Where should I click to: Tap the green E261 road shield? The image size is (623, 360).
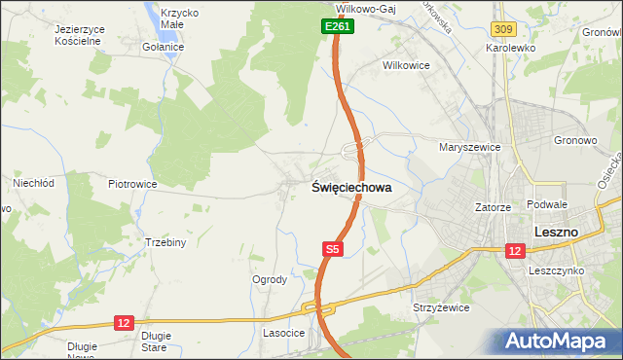pyautogui.click(x=337, y=27)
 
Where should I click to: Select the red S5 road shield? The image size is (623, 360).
pyautogui.click(x=332, y=250)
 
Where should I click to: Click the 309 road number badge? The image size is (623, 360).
pyautogui.click(x=501, y=32)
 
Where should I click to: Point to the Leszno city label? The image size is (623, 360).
pyautogui.click(x=557, y=233)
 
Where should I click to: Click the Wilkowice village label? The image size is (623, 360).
pyautogui.click(x=406, y=67)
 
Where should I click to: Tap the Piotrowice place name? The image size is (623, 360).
pyautogui.click(x=133, y=183)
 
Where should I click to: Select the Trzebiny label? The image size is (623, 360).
pyautogui.click(x=165, y=242)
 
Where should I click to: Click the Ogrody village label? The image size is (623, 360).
pyautogui.click(x=270, y=279)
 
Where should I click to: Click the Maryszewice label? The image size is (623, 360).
pyautogui.click(x=469, y=147)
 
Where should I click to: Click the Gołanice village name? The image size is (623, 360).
pyautogui.click(x=162, y=47)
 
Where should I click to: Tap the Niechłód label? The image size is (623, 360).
pyautogui.click(x=32, y=182)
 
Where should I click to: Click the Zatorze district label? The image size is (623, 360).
pyautogui.click(x=493, y=207)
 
